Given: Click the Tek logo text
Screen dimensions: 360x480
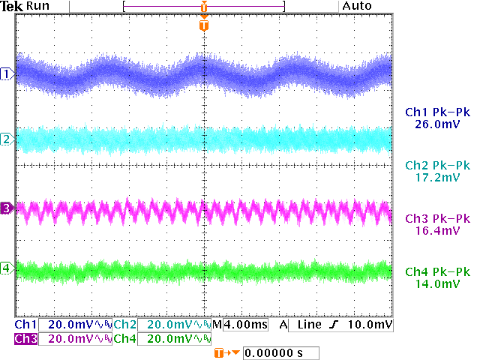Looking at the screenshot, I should pos(13,6).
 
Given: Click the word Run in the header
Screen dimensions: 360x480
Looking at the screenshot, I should pos(37,6).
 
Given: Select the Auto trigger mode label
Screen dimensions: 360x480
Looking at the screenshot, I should pos(356,6).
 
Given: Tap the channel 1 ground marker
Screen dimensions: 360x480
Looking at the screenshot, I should pos(7,73).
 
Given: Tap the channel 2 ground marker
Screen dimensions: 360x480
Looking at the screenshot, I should pos(7,139).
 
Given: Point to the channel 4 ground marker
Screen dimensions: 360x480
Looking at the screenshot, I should pos(7,268).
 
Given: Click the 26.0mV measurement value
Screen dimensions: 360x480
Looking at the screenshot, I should pos(436,125).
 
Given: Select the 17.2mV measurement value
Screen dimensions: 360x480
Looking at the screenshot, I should pos(436,178).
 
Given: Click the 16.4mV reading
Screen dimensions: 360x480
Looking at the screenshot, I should pos(436,231).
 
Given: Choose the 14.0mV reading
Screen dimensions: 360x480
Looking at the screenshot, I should pos(436,284).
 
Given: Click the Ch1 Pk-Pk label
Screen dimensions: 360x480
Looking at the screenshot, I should pos(436,112).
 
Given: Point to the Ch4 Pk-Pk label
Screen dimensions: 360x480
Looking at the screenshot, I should pos(436,271).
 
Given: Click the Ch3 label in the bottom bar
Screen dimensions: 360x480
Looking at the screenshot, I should pos(26,339).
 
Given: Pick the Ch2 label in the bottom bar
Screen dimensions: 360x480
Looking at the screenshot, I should pos(125,325).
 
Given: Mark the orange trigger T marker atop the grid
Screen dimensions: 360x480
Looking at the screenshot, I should pos(203,25).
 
